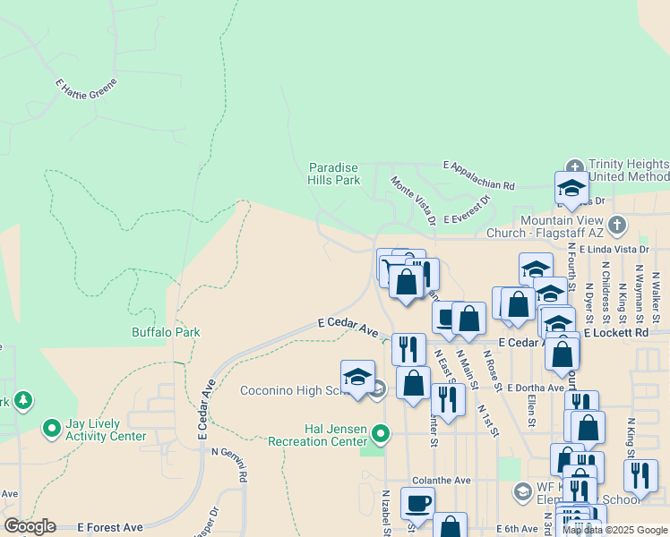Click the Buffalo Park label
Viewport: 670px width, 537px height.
(x=166, y=332)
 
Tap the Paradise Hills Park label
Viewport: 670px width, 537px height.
(x=334, y=174)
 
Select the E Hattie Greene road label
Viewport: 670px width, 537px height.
(x=86, y=87)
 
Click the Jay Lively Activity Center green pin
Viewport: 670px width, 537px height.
(x=51, y=430)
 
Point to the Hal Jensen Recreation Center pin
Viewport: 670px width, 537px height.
(x=381, y=435)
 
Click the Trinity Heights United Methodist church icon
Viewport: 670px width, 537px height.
(x=573, y=166)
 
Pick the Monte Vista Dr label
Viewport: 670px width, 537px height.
(x=413, y=200)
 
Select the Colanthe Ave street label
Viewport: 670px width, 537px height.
(x=441, y=481)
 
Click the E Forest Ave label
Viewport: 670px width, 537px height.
(x=110, y=528)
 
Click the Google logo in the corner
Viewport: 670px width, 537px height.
(x=30, y=526)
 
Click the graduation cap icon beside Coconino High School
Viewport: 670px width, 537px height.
(x=357, y=377)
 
